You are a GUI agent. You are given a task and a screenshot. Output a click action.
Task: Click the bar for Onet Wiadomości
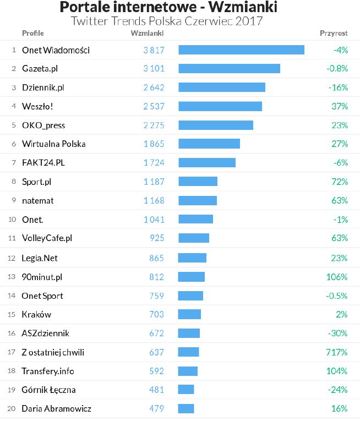pos(241,50)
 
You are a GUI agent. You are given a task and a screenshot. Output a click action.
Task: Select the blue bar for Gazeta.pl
pos(229,69)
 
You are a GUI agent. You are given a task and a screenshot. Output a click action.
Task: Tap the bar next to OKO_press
pos(216,125)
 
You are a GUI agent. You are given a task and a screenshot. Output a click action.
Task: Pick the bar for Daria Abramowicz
pos(186,408)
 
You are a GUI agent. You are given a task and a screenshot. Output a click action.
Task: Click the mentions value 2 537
pos(154,106)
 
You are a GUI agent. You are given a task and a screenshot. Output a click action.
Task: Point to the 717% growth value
pos(336,352)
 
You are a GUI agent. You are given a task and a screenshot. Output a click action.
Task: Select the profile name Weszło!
pos(37,106)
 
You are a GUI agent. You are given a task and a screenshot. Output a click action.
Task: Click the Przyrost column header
pos(334,34)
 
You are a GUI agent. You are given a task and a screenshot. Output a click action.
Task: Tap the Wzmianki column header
pos(147,34)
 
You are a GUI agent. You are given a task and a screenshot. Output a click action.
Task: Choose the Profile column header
pos(32,34)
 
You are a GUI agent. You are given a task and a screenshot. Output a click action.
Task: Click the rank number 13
pos(12,277)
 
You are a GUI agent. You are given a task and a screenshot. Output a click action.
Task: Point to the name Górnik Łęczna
pos(48,390)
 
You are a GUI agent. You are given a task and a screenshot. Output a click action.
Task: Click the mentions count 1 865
pos(154,144)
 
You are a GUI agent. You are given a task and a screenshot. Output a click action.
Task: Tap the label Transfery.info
pos(48,371)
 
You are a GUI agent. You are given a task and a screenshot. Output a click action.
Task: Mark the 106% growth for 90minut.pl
pos(336,277)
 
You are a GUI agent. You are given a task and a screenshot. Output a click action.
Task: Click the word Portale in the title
pos(84,8)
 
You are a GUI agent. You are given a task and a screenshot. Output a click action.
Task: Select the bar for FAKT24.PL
pos(207,163)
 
